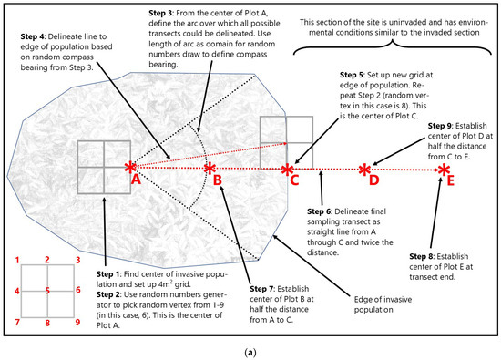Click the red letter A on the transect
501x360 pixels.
[136, 180]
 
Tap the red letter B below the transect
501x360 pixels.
[218, 180]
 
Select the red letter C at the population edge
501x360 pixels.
[294, 180]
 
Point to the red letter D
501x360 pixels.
[373, 180]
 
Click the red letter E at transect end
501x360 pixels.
[451, 180]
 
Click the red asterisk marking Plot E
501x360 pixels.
[444, 170]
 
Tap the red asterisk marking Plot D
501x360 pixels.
[364, 170]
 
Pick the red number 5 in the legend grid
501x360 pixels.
[47, 291]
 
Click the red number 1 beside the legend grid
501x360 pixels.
[17, 260]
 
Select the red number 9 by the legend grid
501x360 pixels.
[77, 322]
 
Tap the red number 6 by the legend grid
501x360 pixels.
[78, 290]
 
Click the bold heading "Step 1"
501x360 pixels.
[107, 274]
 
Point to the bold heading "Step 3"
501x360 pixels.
[160, 13]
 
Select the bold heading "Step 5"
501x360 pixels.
[352, 75]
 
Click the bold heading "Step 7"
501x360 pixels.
[261, 289]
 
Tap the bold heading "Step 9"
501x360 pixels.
[440, 126]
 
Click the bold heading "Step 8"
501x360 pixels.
[421, 256]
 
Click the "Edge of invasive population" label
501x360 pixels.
[383, 304]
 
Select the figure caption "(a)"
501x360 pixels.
[250, 353]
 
